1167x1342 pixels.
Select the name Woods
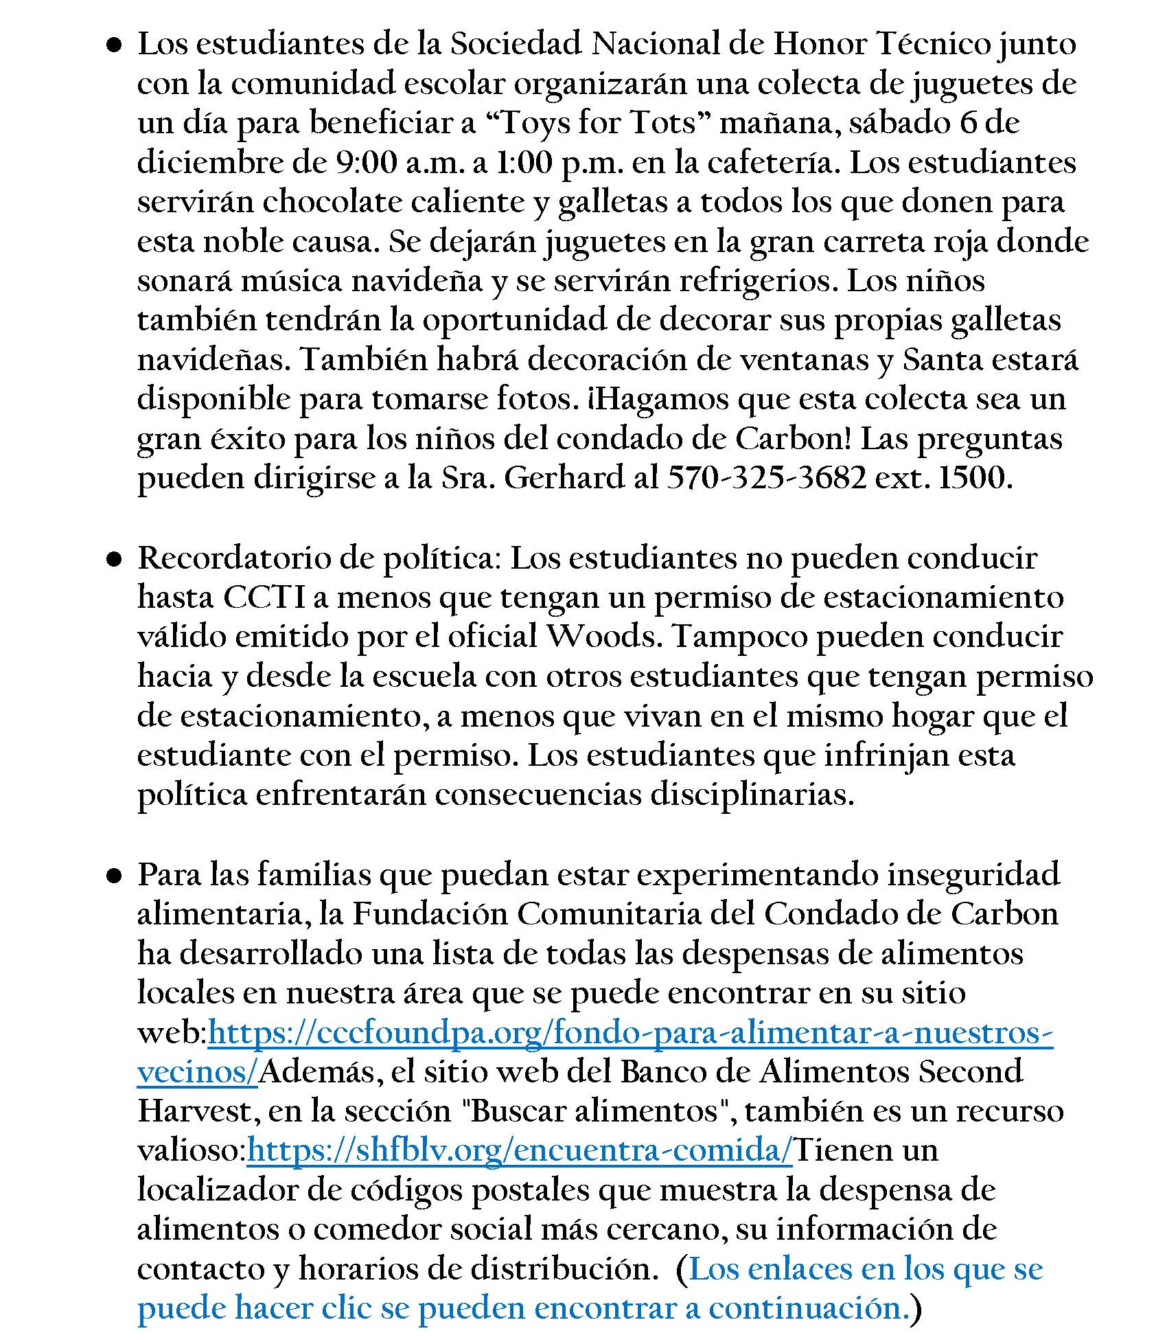[602, 637]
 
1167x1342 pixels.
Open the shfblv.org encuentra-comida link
[520, 1150]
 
